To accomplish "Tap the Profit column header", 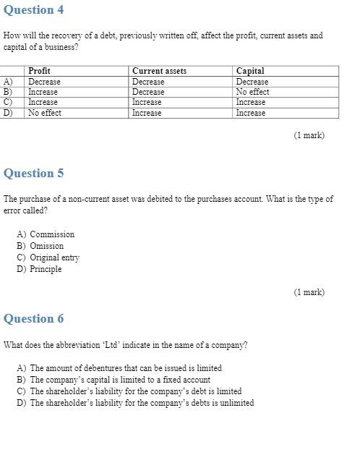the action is click(39, 71).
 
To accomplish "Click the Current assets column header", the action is click(159, 71).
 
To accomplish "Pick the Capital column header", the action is click(250, 71).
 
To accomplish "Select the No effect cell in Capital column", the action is click(252, 92).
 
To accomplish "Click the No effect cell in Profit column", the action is click(45, 113).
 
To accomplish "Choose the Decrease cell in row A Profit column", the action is click(44, 82).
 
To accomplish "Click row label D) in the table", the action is click(8, 113).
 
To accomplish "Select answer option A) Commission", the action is click(46, 234).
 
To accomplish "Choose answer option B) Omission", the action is click(40, 246).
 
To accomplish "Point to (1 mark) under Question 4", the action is click(309, 135).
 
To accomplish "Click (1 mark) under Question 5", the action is click(309, 292).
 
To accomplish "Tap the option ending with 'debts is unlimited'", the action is click(135, 403).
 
